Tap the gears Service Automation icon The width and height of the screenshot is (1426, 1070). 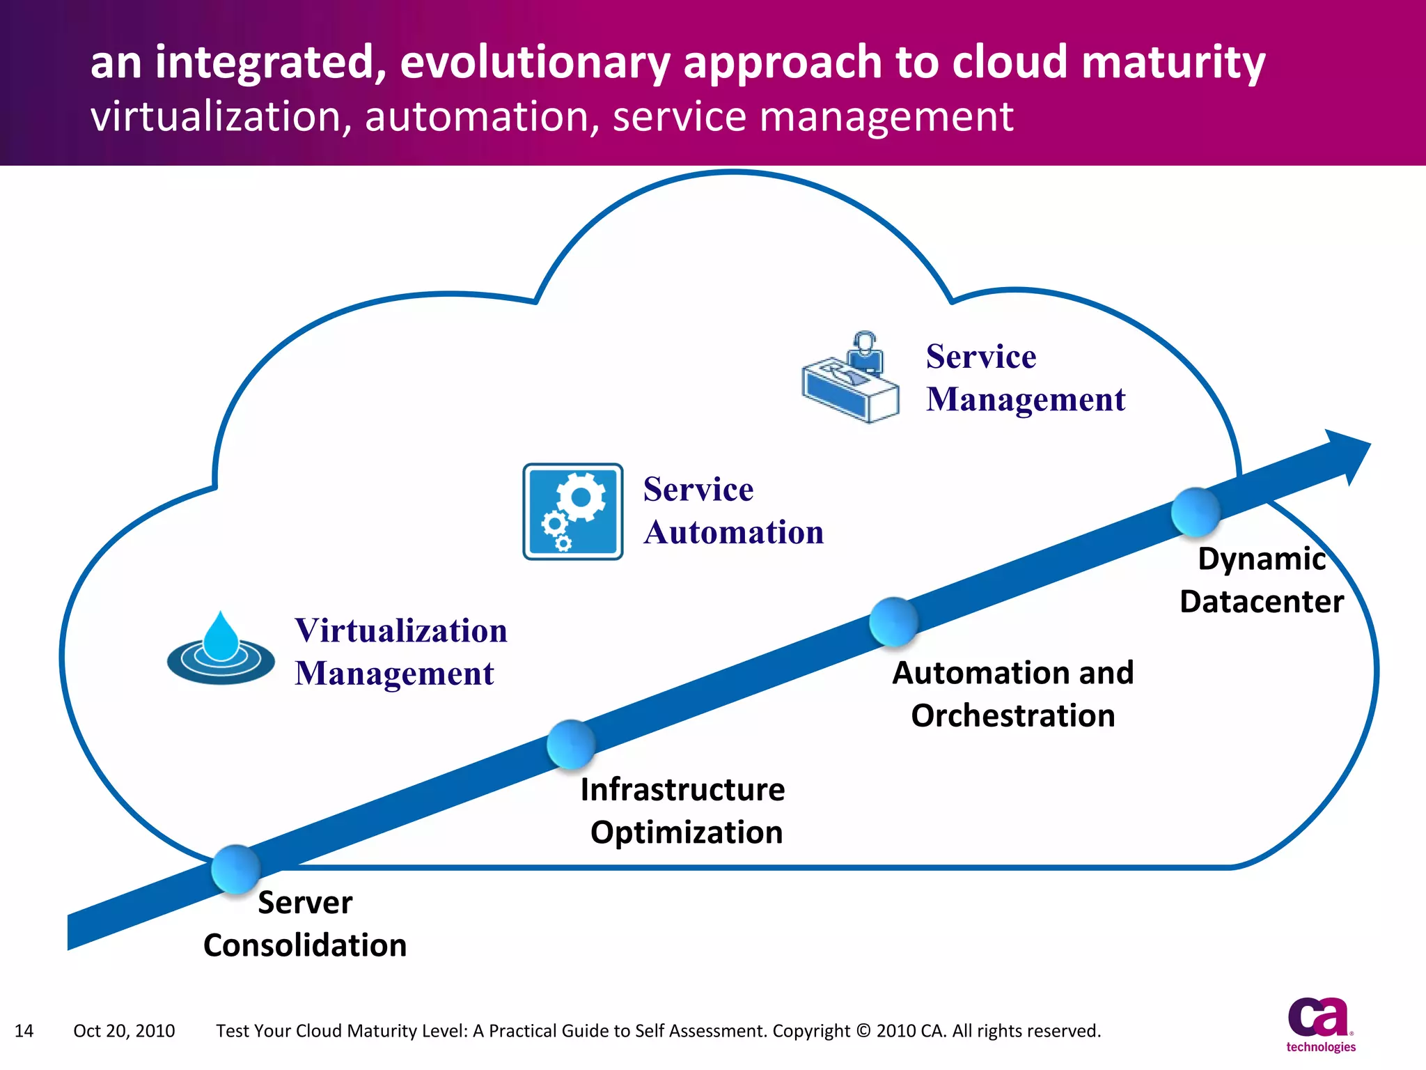click(x=572, y=512)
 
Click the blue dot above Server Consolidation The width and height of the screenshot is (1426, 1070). click(x=236, y=869)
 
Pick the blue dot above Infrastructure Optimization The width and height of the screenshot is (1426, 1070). click(x=571, y=744)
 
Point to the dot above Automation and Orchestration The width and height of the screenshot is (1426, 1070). click(x=893, y=621)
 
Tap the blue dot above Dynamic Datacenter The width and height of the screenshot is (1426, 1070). click(x=1196, y=512)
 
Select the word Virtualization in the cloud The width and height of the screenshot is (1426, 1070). click(x=401, y=630)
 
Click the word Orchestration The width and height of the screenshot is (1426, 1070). click(x=1013, y=716)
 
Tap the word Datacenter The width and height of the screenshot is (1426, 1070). click(x=1262, y=602)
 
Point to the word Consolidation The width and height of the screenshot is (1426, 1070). click(x=305, y=945)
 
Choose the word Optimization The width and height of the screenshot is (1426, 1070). click(x=687, y=832)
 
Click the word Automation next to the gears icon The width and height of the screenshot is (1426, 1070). click(x=733, y=533)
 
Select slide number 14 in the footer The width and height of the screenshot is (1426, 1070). click(x=24, y=1031)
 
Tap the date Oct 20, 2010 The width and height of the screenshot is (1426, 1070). click(x=124, y=1031)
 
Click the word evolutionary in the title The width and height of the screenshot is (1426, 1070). click(x=535, y=63)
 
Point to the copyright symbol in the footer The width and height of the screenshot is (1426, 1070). click(x=863, y=1031)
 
